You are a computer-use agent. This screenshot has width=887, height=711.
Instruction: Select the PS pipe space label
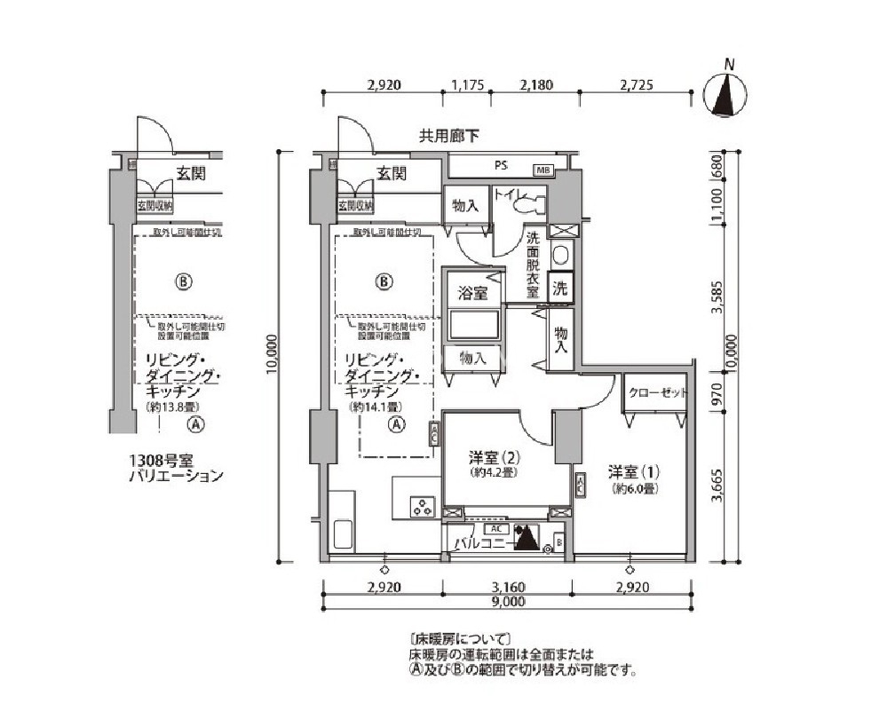click(x=501, y=166)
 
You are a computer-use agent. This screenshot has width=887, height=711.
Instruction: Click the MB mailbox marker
click(x=542, y=170)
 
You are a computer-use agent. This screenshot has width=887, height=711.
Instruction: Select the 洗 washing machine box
click(x=560, y=288)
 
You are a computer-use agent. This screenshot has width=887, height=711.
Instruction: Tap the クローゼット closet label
click(x=658, y=392)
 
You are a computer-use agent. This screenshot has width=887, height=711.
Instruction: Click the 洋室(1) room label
click(x=633, y=470)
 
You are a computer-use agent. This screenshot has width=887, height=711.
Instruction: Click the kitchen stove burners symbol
click(x=420, y=509)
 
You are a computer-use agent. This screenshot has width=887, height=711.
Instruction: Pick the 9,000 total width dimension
click(x=506, y=601)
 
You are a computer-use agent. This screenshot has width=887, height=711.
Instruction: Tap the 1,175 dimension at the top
click(x=467, y=86)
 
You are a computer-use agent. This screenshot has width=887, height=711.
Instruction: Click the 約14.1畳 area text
click(x=373, y=407)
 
